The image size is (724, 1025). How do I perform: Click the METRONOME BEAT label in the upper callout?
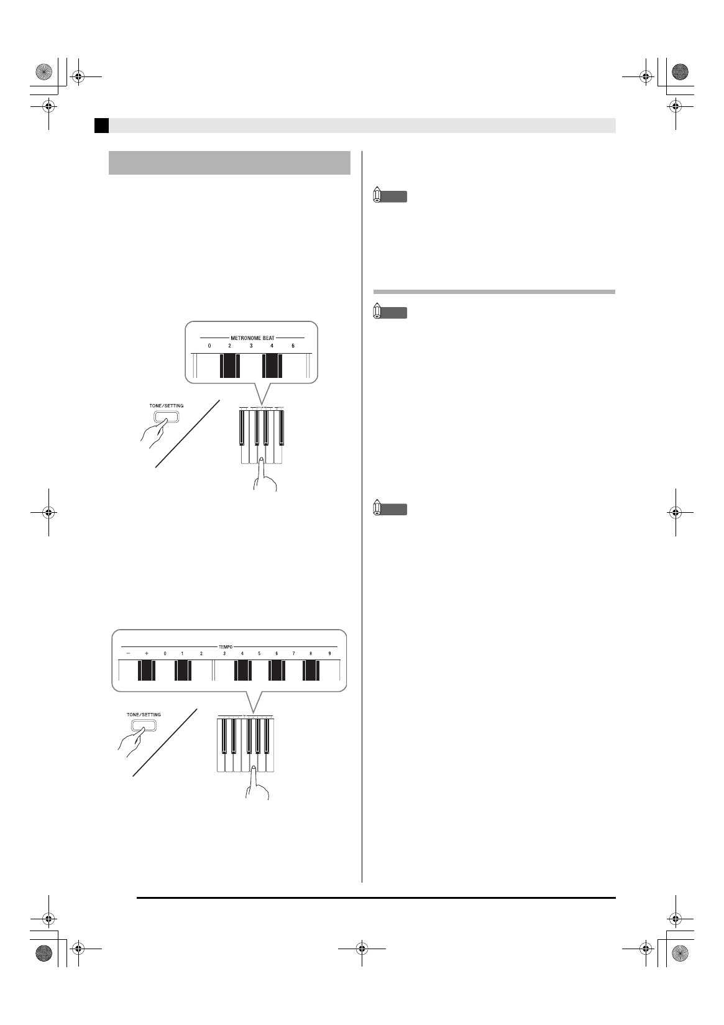pyautogui.click(x=252, y=338)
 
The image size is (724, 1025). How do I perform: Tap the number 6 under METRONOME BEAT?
pyautogui.click(x=293, y=346)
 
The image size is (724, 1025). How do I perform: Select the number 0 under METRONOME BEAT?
pyautogui.click(x=209, y=346)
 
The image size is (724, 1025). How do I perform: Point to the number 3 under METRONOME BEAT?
pyautogui.click(x=251, y=346)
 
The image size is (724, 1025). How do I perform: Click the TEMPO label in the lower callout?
pyautogui.click(x=226, y=647)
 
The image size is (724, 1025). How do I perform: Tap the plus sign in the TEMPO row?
pyautogui.click(x=147, y=653)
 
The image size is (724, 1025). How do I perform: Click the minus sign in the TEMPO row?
pyautogui.click(x=128, y=653)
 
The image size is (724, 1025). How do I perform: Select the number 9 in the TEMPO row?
pyautogui.click(x=329, y=653)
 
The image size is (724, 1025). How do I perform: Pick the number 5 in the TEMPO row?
pyautogui.click(x=259, y=653)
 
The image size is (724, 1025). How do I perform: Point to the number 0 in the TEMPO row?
pyautogui.click(x=165, y=653)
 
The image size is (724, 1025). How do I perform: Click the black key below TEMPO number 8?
pyautogui.click(x=311, y=671)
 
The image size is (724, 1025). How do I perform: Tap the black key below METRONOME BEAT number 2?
pyautogui.click(x=229, y=365)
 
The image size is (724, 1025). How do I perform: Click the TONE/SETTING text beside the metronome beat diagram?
pyautogui.click(x=167, y=406)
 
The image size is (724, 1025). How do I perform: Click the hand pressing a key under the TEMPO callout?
pyautogui.click(x=257, y=786)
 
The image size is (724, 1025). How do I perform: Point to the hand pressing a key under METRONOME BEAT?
pyautogui.click(x=265, y=476)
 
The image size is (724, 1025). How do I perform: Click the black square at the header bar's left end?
pyautogui.click(x=101, y=126)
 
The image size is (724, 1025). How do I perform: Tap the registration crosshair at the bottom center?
pyautogui.click(x=362, y=949)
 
